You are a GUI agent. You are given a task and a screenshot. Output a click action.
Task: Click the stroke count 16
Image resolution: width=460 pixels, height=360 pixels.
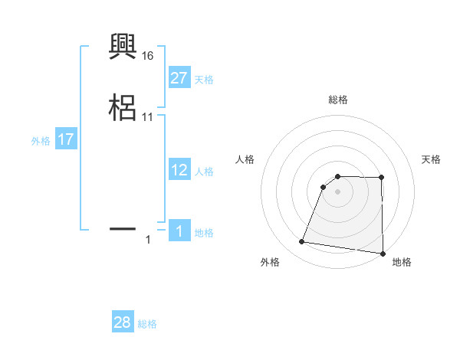[x=148, y=56]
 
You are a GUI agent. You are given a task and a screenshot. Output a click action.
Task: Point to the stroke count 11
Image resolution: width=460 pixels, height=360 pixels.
[x=148, y=117]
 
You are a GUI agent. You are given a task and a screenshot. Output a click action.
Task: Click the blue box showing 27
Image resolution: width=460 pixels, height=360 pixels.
[x=179, y=78]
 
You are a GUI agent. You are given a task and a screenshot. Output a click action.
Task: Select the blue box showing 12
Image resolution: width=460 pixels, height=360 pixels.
[x=179, y=170]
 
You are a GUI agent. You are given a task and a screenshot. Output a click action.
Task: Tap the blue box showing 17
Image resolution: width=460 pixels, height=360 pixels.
[x=66, y=140]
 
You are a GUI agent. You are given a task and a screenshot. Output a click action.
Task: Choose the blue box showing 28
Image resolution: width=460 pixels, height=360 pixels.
[x=123, y=322]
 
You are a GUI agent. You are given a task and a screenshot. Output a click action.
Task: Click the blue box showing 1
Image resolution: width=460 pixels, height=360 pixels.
[x=179, y=231]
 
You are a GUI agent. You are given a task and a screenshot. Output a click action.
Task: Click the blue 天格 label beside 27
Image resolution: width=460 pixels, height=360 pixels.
[x=204, y=80]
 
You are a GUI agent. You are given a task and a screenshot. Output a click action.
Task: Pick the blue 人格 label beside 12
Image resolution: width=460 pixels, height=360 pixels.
[x=204, y=172]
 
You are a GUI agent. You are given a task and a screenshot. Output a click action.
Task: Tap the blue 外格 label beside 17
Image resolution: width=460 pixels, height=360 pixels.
[x=41, y=141]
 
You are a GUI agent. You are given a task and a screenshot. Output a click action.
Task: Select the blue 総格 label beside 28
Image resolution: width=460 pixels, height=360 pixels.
[x=147, y=324]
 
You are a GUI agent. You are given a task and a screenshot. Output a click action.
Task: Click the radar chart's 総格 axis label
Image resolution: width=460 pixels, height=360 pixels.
[x=338, y=100]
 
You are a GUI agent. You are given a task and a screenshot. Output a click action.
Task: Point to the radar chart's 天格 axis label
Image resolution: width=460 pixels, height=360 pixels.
[x=431, y=159]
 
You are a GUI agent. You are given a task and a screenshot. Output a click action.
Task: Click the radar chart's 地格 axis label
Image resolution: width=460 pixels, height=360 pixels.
[x=402, y=262]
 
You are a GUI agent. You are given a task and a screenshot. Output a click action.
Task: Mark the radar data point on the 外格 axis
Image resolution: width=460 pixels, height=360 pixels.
[x=301, y=242]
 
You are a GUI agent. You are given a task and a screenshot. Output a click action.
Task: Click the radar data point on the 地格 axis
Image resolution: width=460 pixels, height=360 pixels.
[x=383, y=254]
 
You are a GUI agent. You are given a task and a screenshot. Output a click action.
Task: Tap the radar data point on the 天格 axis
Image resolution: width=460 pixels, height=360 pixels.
[x=382, y=178]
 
